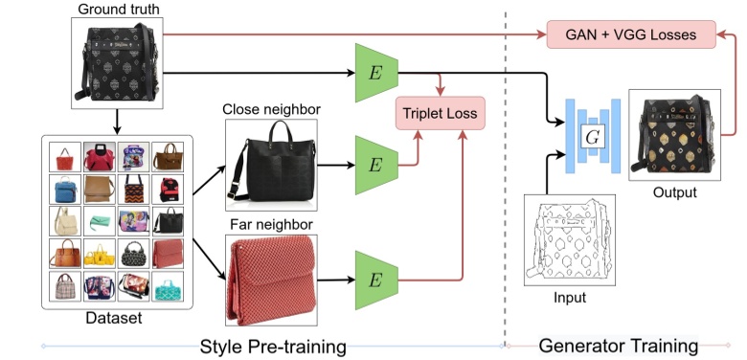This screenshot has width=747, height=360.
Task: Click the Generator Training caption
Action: point(618,345)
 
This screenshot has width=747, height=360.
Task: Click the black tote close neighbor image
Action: point(271,164)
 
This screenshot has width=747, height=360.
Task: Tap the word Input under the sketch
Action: point(570,299)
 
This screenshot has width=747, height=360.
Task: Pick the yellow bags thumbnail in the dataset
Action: point(100,255)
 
